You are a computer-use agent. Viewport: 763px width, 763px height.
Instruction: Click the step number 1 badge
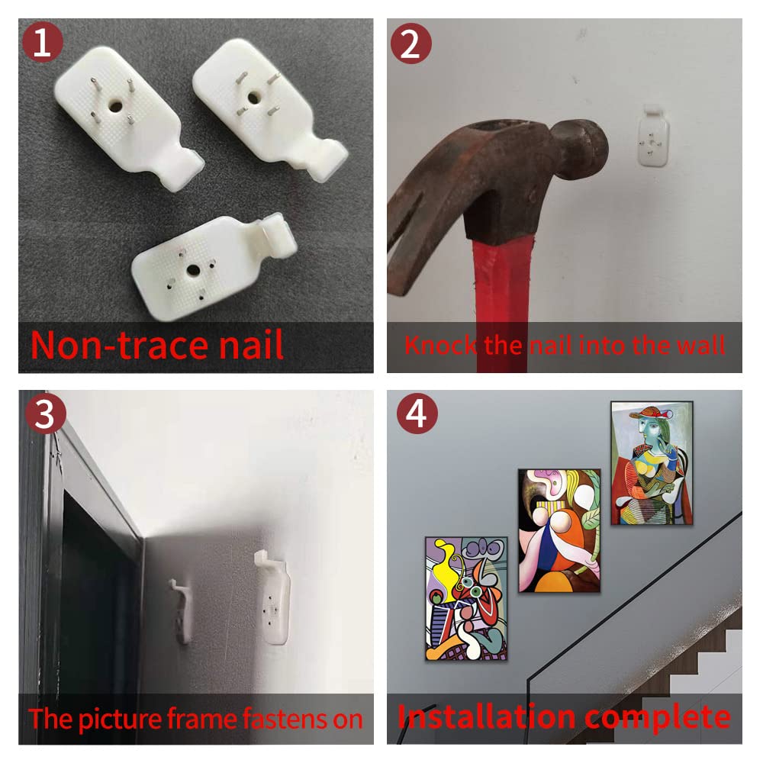pos(42,42)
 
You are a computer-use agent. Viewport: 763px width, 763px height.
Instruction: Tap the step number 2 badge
pos(411,43)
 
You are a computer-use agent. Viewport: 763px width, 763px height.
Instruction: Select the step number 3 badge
pos(45,414)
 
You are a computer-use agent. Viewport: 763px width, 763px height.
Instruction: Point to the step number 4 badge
pos(417,414)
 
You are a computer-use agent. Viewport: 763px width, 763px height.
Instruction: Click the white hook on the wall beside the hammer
pos(653,135)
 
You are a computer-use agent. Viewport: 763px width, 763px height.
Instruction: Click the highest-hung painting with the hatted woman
pos(652,463)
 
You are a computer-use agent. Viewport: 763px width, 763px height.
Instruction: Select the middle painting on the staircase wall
pos(559,530)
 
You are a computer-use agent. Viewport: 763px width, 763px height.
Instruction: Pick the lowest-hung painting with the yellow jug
pos(466,598)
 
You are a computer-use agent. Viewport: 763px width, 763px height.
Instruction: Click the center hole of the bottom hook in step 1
pos(193,269)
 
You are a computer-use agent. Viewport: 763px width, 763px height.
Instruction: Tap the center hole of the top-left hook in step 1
pos(115,105)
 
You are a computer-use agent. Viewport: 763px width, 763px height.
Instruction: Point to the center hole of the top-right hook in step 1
pos(253,98)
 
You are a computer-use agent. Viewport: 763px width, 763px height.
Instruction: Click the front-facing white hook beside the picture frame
pos(272,597)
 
